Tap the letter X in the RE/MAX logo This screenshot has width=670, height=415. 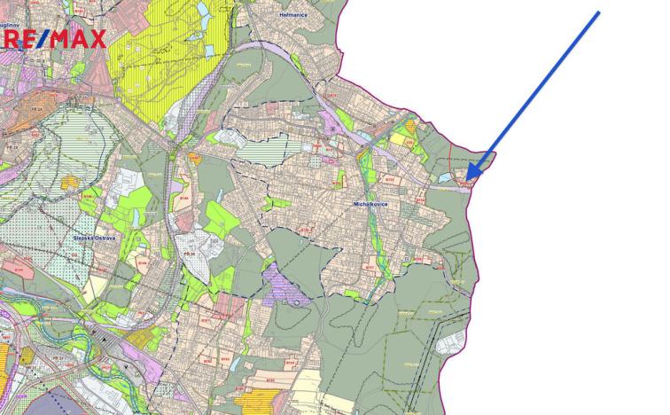point(94,38)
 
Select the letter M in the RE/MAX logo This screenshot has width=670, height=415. point(62,38)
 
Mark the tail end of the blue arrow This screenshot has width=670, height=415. point(599,12)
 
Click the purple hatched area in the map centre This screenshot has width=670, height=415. point(285,286)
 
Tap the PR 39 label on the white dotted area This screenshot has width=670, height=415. point(188,254)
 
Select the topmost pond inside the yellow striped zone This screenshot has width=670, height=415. point(202,10)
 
